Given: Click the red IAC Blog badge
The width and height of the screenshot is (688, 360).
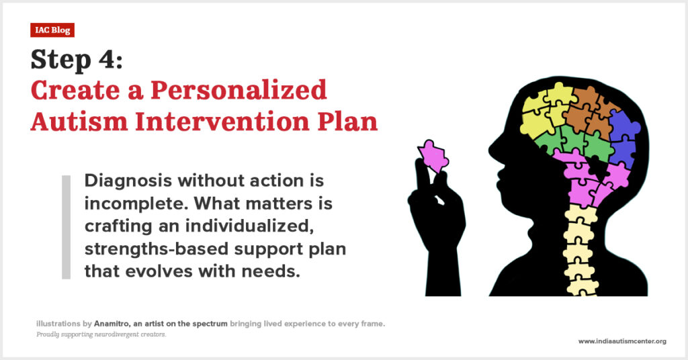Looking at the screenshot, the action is click(52, 30).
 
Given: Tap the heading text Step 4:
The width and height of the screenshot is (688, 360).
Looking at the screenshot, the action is click(77, 60).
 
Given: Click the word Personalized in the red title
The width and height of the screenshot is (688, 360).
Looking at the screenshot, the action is click(239, 90).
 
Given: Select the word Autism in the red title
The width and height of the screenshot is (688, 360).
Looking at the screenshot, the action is click(79, 121).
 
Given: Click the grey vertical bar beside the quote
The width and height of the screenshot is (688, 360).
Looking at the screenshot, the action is click(67, 227).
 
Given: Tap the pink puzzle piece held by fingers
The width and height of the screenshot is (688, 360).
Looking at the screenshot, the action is click(433, 156).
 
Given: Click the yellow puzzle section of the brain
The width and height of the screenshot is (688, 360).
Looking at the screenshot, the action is click(544, 112).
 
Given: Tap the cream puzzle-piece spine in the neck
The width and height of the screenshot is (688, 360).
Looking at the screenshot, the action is click(580, 250).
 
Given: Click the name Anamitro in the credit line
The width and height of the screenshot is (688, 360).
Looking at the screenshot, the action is click(112, 324).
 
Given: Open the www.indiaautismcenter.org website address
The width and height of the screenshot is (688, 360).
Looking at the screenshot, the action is click(622, 341).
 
